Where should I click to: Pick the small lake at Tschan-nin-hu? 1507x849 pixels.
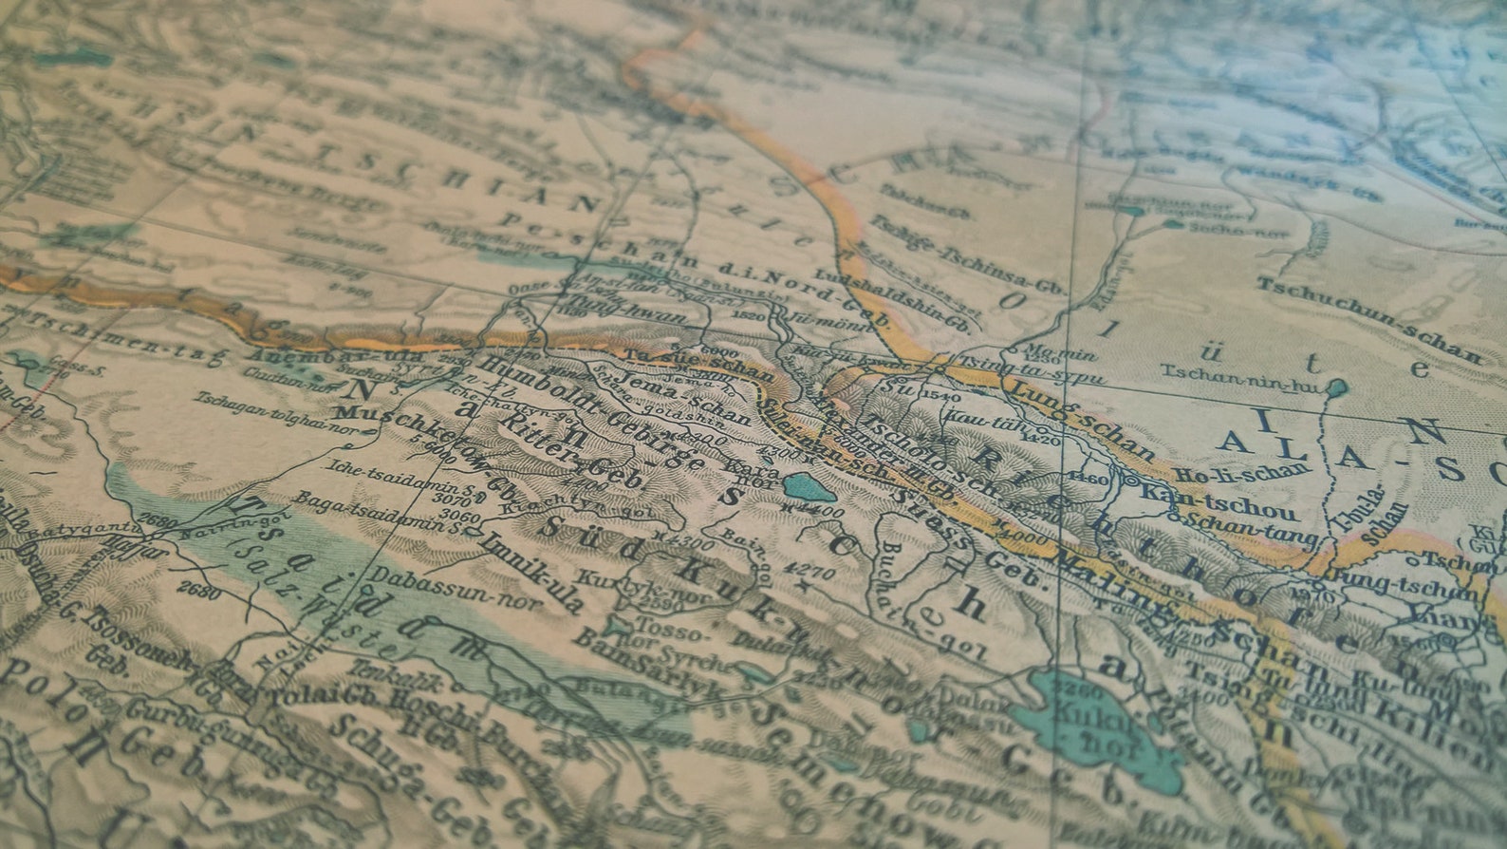[1336, 387]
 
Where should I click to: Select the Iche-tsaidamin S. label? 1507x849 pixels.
[380, 474]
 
